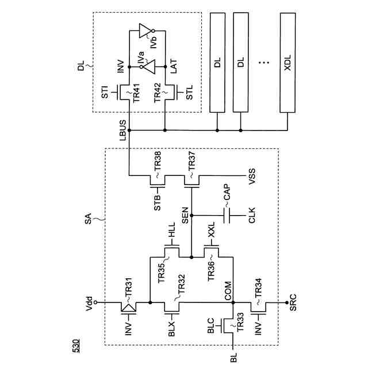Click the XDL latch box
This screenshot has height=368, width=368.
[x=287, y=63]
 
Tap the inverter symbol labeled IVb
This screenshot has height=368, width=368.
[x=147, y=30]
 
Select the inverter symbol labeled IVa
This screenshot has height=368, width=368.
[x=148, y=67]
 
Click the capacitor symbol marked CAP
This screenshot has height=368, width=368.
[x=227, y=216]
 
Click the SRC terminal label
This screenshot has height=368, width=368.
[x=293, y=303]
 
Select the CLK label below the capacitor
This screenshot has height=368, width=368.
[x=252, y=216]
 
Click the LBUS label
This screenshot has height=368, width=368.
[x=122, y=131]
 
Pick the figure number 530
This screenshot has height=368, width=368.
[x=76, y=346]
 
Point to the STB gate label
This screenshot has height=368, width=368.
[x=157, y=202]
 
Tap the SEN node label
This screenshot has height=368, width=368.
[x=185, y=215]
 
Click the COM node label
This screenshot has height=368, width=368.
[x=228, y=291]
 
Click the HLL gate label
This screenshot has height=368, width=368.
[x=171, y=230]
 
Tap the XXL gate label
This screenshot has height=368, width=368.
[x=211, y=230]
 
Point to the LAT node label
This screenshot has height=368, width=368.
[x=174, y=67]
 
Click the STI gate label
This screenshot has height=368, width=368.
[x=105, y=92]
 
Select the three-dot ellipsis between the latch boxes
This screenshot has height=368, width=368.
[x=264, y=63]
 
